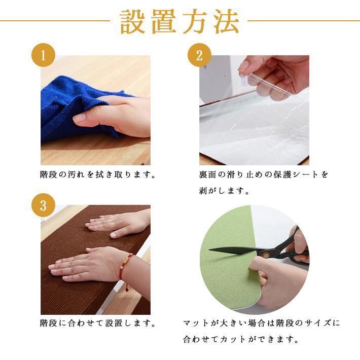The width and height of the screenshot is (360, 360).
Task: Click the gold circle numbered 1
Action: (x=44, y=55)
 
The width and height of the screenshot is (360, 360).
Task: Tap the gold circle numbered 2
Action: (x=199, y=55)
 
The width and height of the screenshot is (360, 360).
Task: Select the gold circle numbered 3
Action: (x=44, y=205)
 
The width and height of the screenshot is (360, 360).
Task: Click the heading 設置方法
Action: (x=179, y=21)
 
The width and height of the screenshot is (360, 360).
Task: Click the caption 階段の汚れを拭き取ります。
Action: (x=97, y=175)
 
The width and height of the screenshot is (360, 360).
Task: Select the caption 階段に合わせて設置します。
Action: (x=97, y=323)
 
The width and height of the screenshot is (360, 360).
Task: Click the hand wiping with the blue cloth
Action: (x=114, y=114)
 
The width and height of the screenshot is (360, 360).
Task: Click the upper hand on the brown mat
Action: (x=119, y=223)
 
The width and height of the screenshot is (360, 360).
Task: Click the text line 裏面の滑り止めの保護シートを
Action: (x=263, y=175)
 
